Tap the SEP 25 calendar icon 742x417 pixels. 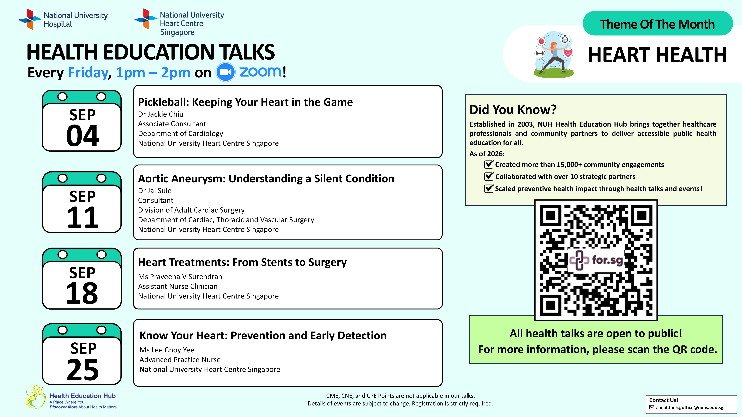82,354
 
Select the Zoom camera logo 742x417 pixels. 225,72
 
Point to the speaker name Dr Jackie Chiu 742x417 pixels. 161,114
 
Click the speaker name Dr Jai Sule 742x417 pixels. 155,191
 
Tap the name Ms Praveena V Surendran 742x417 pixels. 180,277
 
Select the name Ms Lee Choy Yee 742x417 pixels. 167,350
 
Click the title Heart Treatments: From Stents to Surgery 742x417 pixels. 242,262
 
